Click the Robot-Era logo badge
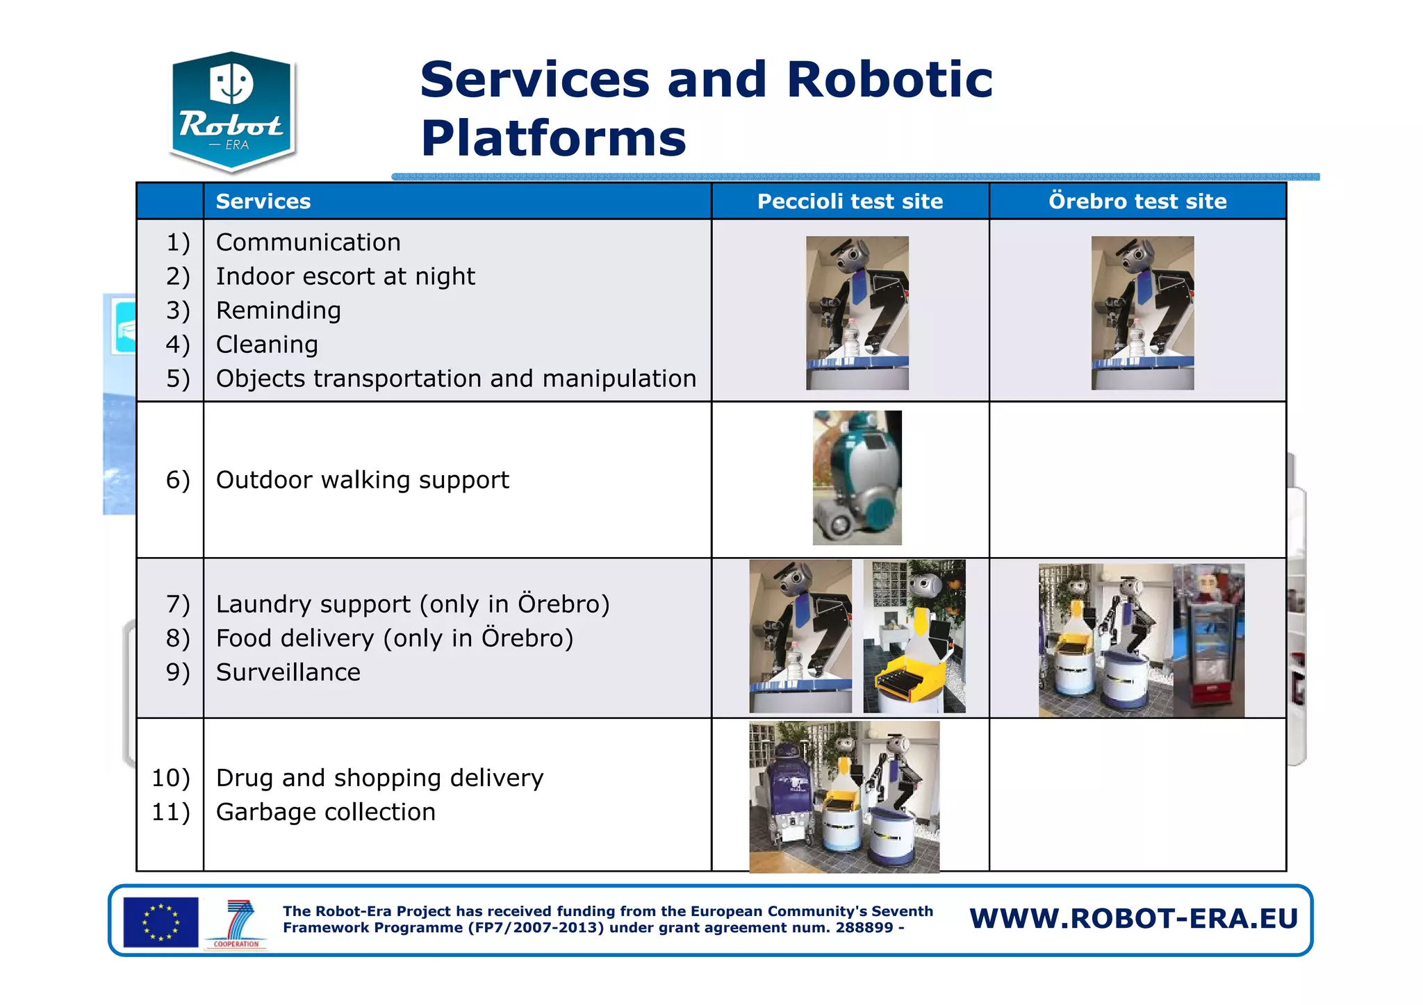(x=231, y=111)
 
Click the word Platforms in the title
(x=553, y=138)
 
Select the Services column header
(x=263, y=201)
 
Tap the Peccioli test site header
(x=850, y=201)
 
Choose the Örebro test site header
(x=1137, y=201)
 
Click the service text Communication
(x=308, y=242)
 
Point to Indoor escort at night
(x=345, y=276)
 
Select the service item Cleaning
(x=267, y=344)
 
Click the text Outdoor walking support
(x=362, y=480)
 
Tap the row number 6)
(x=178, y=480)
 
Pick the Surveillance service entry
(x=288, y=672)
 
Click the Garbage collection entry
(x=325, y=812)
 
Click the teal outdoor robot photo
(x=857, y=478)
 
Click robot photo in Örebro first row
(x=1142, y=313)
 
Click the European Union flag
(x=161, y=922)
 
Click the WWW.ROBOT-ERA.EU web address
(x=1133, y=918)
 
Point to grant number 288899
(x=864, y=928)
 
